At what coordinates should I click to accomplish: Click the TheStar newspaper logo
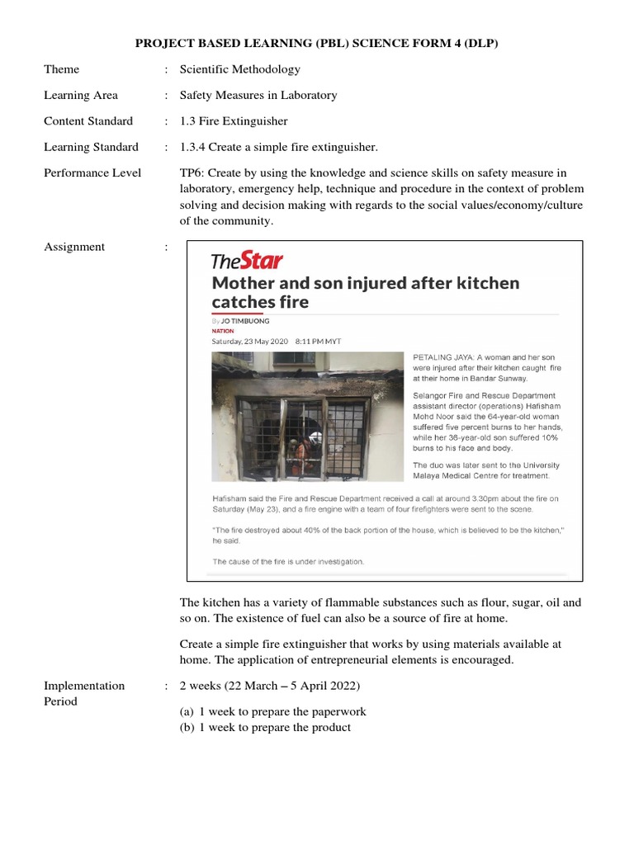[x=247, y=262]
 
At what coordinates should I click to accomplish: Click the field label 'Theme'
[x=62, y=69]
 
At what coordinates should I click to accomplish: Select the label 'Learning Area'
[x=81, y=95]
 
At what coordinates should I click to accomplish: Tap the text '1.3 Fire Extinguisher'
[x=234, y=121]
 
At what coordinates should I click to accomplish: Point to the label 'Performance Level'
[x=92, y=172]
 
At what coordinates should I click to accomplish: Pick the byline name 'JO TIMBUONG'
[x=244, y=321]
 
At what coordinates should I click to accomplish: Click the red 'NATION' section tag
[x=223, y=331]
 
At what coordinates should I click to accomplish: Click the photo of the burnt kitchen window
[x=308, y=417]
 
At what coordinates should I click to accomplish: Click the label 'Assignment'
[x=74, y=247]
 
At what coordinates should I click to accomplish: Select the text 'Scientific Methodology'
[x=240, y=69]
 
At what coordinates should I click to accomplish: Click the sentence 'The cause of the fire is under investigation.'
[x=288, y=561]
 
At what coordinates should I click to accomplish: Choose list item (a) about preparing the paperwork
[x=273, y=711]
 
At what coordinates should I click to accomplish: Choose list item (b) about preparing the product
[x=265, y=727]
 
